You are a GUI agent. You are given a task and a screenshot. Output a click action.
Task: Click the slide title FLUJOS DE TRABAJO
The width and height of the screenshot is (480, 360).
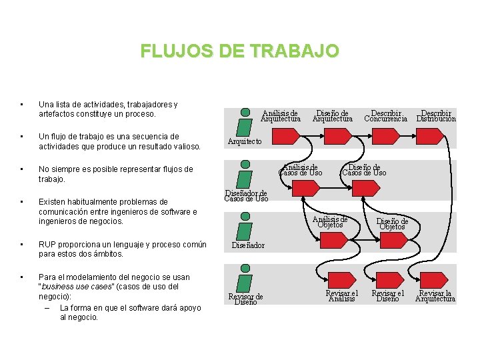point(239,51)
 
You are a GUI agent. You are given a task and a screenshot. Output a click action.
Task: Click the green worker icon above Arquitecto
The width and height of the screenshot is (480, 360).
point(245,123)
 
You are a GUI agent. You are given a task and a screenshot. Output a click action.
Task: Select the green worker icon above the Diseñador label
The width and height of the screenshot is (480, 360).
point(245,226)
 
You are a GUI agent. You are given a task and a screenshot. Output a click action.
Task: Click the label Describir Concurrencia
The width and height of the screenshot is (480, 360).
point(385,116)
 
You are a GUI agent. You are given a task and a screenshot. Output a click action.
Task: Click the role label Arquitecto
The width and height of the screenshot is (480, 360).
point(245,141)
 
